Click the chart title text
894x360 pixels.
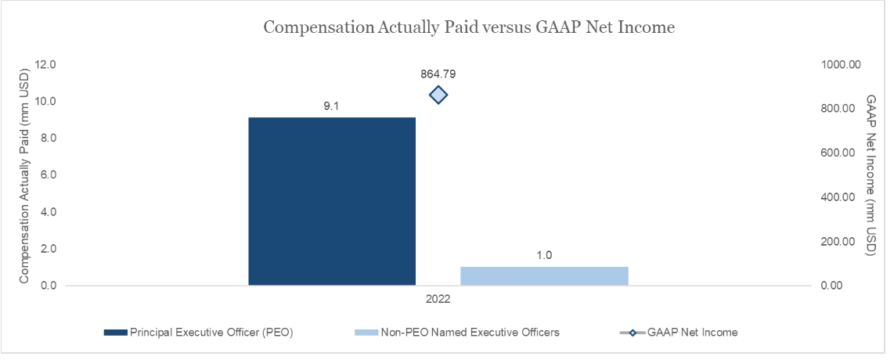coord(469,27)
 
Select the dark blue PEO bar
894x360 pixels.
coord(332,201)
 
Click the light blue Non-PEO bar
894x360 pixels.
coord(544,276)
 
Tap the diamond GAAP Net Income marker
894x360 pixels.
coord(438,95)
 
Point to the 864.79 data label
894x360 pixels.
coord(438,74)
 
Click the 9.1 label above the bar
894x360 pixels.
coord(332,106)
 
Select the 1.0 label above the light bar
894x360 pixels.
coord(544,255)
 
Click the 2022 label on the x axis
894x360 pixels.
coord(438,299)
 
